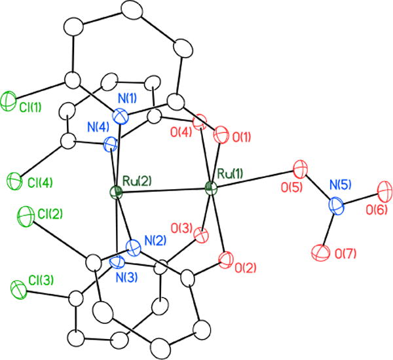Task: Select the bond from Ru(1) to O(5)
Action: coord(255,181)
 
